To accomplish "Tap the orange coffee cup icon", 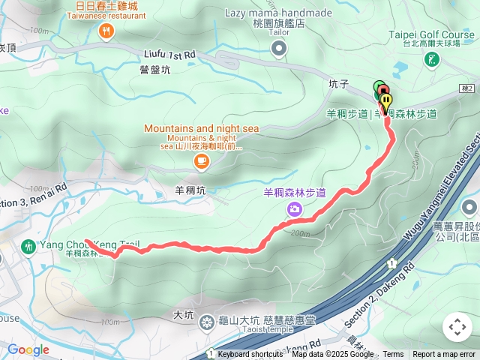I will click(201, 160).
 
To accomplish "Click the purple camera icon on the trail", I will click(295, 208).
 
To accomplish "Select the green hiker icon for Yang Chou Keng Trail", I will click(29, 245).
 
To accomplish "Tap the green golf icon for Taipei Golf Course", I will click(432, 59).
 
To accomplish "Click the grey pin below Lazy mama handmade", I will click(279, 49).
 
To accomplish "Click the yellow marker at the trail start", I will click(385, 100).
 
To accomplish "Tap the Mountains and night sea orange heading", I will click(202, 128).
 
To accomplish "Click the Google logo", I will click(28, 349).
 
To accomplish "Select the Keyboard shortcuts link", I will click(250, 355).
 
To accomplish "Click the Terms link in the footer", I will click(393, 355).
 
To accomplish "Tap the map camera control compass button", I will click(457, 327).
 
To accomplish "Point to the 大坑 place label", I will click(183, 315).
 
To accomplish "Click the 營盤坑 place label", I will click(155, 70).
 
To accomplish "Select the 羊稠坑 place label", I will click(190, 190).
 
